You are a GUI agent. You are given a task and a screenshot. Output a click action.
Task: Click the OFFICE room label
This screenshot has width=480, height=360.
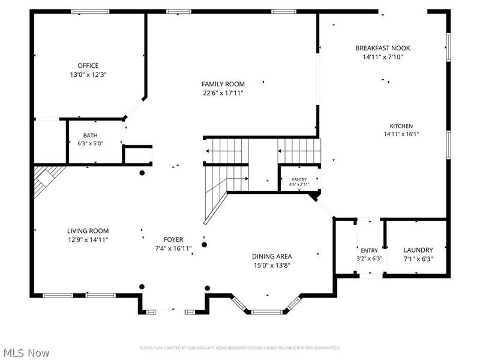(x=88, y=65)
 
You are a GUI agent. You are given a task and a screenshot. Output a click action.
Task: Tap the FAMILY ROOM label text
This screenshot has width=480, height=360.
(x=223, y=84)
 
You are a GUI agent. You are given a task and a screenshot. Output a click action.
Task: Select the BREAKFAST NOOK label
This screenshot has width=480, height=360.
(x=382, y=48)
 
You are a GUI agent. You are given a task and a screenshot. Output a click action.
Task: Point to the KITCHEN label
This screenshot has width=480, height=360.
(x=401, y=126)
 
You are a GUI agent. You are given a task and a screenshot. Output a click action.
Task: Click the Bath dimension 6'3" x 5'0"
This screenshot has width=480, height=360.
(x=90, y=143)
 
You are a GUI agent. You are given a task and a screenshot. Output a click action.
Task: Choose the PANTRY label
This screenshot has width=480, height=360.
(x=299, y=179)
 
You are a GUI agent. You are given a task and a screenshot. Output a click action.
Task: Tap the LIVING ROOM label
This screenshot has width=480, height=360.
(x=88, y=230)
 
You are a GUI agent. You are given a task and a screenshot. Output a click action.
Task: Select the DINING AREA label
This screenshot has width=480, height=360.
(x=272, y=256)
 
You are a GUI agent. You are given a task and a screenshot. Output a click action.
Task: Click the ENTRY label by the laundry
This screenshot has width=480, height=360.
(x=369, y=250)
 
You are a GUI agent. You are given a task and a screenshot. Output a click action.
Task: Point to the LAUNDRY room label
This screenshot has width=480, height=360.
(x=418, y=250)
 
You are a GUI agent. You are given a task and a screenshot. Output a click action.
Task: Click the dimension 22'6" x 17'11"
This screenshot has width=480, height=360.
(x=223, y=93)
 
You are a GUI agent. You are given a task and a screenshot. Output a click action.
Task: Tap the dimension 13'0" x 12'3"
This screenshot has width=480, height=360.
(x=88, y=74)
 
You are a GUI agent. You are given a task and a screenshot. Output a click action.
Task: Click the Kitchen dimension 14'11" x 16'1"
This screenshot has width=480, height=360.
(x=401, y=134)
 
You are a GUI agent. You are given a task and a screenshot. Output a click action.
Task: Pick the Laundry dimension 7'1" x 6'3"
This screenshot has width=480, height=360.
(x=418, y=259)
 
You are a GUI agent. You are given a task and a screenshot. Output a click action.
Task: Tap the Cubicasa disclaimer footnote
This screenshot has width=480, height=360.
(x=240, y=348)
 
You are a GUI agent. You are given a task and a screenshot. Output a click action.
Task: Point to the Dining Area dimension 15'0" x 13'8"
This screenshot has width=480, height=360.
(x=272, y=265)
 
